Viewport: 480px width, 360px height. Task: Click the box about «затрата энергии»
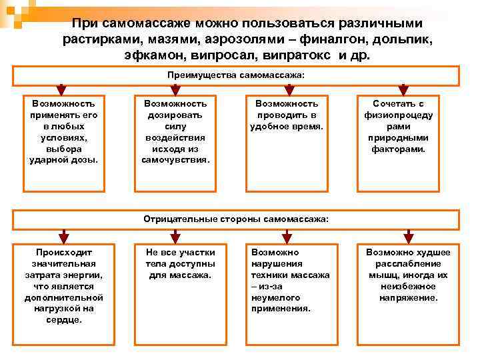63,286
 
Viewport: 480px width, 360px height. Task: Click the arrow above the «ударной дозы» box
61,89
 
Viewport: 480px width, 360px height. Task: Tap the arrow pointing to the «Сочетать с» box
403,89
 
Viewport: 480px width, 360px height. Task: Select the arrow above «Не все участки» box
175,235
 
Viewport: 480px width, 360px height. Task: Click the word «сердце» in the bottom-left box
63,320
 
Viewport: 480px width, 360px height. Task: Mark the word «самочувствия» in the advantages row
175,160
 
